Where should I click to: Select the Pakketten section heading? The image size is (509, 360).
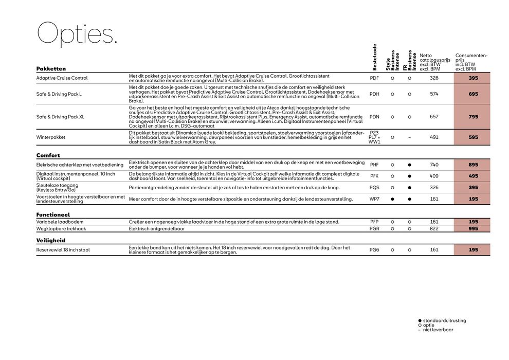(51, 68)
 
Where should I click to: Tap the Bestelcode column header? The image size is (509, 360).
(375, 57)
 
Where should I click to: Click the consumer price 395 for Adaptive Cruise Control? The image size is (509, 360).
(473, 78)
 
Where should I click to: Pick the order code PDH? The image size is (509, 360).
(374, 94)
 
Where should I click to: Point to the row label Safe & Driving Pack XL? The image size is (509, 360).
(60, 117)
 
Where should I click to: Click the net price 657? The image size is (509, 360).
(434, 117)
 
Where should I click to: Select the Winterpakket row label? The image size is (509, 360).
(51, 137)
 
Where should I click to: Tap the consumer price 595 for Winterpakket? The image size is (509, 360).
(473, 137)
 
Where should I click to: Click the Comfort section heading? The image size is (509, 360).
(48, 155)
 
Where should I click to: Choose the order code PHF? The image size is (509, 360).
(374, 165)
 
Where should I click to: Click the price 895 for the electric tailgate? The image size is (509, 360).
(473, 165)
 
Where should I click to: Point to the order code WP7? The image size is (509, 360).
(374, 199)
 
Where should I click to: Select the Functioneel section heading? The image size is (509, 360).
(53, 214)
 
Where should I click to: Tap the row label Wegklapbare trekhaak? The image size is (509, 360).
(61, 228)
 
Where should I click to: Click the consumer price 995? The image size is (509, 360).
(473, 228)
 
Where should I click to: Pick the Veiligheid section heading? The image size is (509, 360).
(51, 240)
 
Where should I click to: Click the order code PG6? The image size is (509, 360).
(374, 250)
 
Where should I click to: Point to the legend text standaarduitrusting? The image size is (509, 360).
(445, 320)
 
